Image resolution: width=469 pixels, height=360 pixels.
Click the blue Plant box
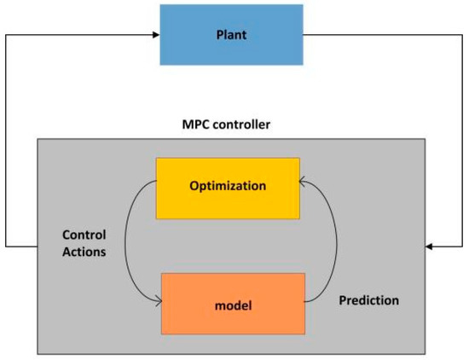click(230, 35)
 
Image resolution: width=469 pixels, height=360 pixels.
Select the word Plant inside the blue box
click(230, 35)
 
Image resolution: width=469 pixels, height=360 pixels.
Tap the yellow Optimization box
click(227, 186)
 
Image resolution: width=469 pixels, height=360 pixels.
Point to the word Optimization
click(227, 186)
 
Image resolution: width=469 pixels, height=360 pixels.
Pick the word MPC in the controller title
click(196, 125)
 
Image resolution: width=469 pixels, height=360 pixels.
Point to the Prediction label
click(368, 301)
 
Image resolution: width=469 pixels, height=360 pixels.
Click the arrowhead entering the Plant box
click(155, 35)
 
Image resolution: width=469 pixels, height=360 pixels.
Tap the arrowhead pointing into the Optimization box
click(304, 181)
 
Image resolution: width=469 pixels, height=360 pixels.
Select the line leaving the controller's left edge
click(21, 247)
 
